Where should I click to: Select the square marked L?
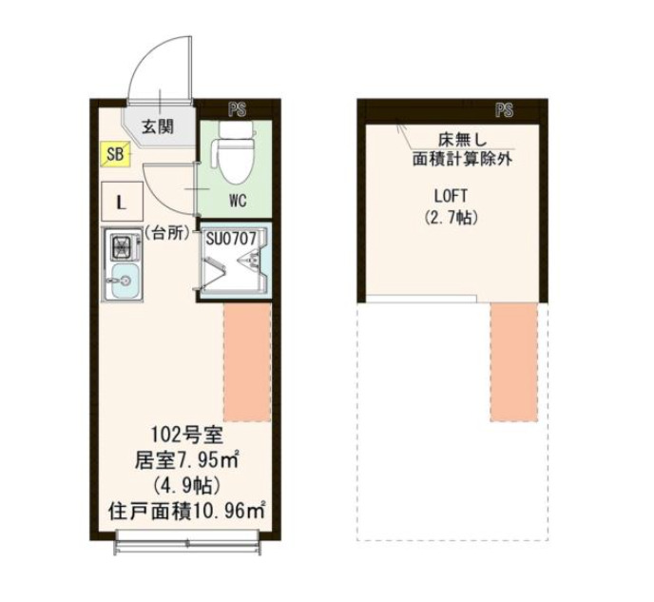coord(122,202)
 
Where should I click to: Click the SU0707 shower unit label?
coord(231,238)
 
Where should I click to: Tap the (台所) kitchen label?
coord(168,231)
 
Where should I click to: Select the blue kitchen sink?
coord(123,282)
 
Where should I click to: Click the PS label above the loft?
coord(504,110)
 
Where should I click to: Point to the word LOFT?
coord(452,197)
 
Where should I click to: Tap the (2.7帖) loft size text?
coord(452,218)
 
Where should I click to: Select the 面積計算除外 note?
coord(462,159)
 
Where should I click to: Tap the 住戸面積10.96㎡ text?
coord(185,510)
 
